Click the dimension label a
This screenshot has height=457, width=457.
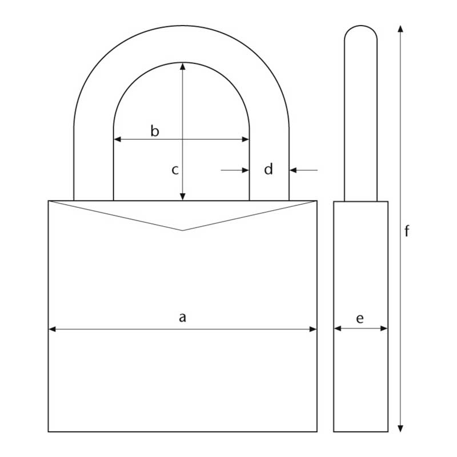click(x=183, y=317)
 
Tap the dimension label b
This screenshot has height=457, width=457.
click(x=154, y=131)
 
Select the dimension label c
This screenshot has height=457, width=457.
click(x=175, y=170)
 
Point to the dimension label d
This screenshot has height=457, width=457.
click(x=268, y=169)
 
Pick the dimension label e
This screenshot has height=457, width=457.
click(x=360, y=318)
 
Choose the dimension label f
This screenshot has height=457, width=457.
click(x=407, y=231)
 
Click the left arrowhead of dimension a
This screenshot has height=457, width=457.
click(x=52, y=329)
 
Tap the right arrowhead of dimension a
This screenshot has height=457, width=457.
click(x=313, y=329)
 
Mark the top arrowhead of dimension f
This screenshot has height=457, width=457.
click(x=400, y=29)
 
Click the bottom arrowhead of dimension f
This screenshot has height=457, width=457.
click(x=400, y=428)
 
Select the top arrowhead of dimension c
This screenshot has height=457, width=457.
click(x=183, y=66)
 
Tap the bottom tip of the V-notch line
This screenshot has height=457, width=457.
click(x=183, y=230)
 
